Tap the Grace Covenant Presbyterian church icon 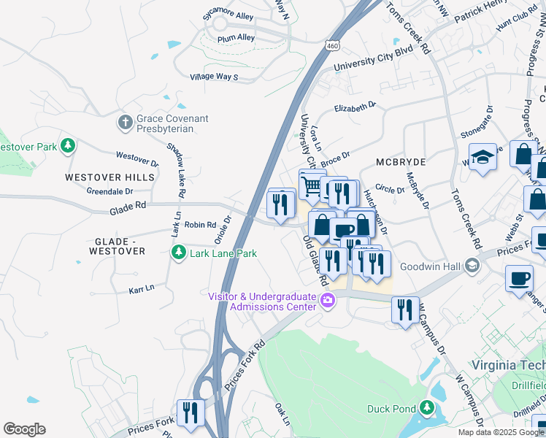click(x=126, y=121)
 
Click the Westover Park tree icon click(x=68, y=146)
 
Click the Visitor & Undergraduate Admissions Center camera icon click(x=328, y=300)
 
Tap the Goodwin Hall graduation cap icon click(x=472, y=266)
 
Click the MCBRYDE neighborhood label click(x=400, y=161)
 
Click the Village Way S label click(x=214, y=77)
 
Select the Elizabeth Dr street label click(x=355, y=107)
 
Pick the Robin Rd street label click(x=200, y=225)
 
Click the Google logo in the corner click(x=25, y=429)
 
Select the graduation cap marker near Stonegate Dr click(x=482, y=157)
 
